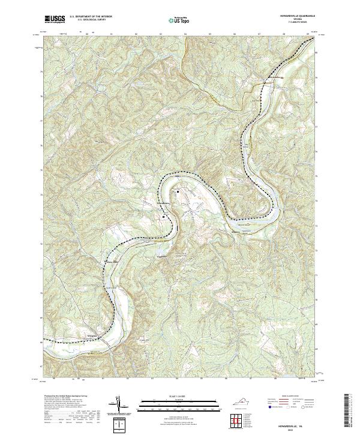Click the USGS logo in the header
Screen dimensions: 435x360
[x=55, y=19]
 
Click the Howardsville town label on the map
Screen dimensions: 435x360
[x=163, y=203]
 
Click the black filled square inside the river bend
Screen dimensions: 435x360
[x=178, y=191]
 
